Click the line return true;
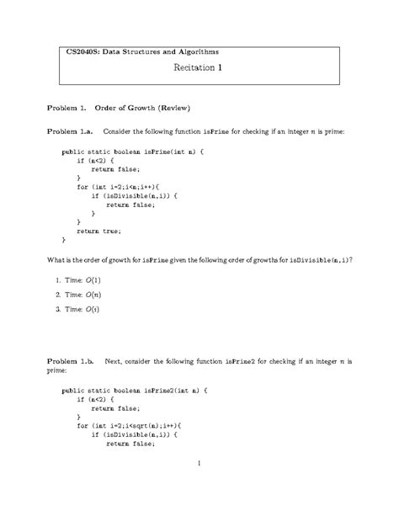98,230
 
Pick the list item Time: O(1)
78,279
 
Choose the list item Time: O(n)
78,295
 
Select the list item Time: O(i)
77,311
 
